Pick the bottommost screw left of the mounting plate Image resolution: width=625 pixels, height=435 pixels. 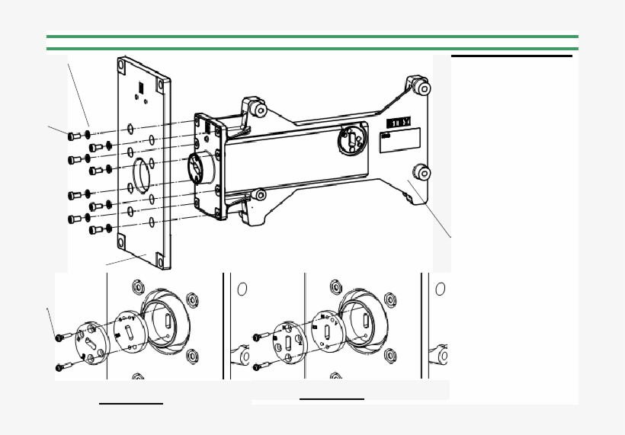(95, 229)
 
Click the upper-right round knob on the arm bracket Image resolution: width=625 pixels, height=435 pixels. (424, 88)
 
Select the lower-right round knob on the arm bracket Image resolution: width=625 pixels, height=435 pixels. (424, 173)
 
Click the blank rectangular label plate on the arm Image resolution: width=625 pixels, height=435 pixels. (400, 140)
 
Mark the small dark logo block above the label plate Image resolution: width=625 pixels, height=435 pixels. (399, 122)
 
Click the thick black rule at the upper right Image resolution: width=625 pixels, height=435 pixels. (511, 56)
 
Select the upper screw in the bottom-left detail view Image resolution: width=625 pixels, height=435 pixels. (59, 337)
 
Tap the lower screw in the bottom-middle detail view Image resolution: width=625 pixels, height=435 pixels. (257, 367)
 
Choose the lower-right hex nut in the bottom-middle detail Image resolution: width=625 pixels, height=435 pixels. (390, 355)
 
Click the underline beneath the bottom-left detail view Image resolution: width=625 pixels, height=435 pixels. (131, 403)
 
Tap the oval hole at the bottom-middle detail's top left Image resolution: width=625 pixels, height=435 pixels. (242, 289)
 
